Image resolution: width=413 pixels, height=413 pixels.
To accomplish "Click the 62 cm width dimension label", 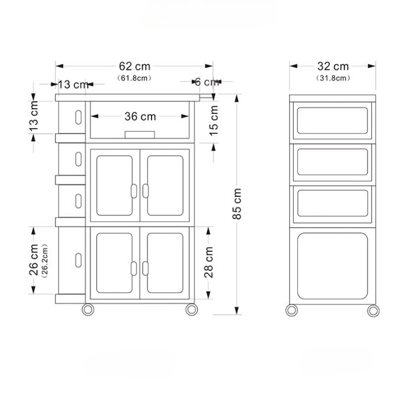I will click(134, 67).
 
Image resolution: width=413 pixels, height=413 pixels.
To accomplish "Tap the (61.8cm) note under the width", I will click(134, 78).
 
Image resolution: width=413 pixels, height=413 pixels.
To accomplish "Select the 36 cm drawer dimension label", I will click(140, 117).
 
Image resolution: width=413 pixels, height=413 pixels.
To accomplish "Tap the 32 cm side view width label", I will click(333, 67).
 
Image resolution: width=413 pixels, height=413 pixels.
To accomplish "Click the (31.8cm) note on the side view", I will click(333, 78).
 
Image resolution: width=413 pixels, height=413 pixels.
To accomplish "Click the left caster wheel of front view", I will click(88, 309).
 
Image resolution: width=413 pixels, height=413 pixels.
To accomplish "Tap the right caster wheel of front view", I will click(191, 309).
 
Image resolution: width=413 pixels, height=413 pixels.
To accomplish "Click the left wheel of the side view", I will click(291, 310).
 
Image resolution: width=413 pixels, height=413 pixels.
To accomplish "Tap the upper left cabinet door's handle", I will click(134, 191).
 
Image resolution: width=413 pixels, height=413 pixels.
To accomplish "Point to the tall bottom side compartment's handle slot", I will click(77, 260).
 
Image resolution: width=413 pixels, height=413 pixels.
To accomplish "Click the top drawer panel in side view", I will click(333, 120).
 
